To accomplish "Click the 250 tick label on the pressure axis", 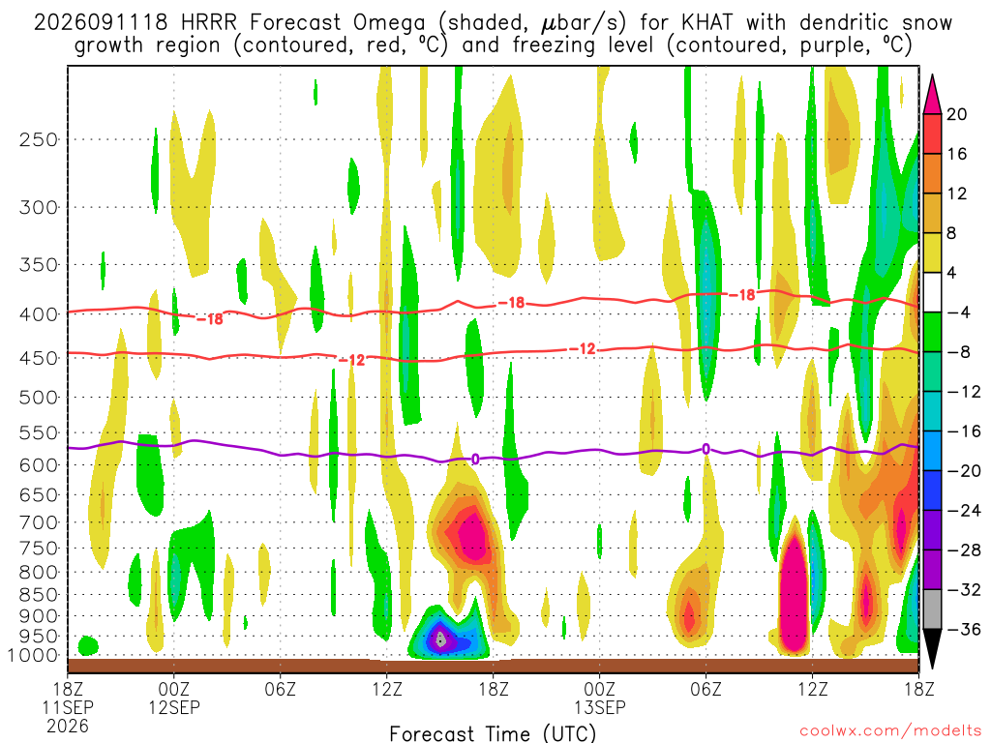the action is (39, 139).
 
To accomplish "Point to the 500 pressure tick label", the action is (39, 398).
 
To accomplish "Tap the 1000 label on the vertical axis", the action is (32, 656).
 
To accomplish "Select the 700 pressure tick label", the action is (39, 522).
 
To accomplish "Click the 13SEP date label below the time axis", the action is (600, 707).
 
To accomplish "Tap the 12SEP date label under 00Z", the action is (174, 707).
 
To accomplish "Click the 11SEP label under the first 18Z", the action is (68, 707).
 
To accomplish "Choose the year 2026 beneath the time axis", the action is (68, 727).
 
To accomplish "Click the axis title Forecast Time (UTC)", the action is (493, 733).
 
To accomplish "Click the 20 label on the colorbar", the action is (957, 114).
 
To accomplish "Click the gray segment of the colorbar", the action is (932, 609).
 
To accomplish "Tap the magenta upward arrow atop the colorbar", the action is (932, 95).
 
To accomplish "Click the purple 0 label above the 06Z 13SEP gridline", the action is (706, 449).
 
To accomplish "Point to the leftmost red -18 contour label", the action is (210, 319).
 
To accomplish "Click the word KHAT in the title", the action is (707, 23).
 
